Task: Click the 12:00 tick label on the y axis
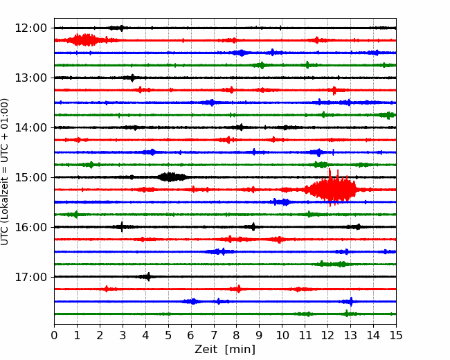[30, 28]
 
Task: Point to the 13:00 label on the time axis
[30, 78]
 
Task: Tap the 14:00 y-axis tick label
[30, 127]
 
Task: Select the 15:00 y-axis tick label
[30, 177]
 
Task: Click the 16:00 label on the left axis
[30, 227]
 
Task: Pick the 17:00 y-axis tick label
[30, 277]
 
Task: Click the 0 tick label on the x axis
[54, 335]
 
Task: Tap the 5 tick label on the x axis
[168, 335]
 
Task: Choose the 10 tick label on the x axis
[282, 335]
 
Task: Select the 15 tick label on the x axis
[396, 335]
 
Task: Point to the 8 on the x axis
[237, 335]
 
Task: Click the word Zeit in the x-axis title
[206, 349]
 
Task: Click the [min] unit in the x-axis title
[240, 350]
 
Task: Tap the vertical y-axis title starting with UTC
[4, 172]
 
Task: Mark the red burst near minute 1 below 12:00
[84, 40]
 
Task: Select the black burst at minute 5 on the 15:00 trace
[171, 177]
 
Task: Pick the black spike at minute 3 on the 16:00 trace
[122, 227]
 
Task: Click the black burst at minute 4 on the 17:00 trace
[147, 277]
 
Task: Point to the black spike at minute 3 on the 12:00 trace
[122, 28]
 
